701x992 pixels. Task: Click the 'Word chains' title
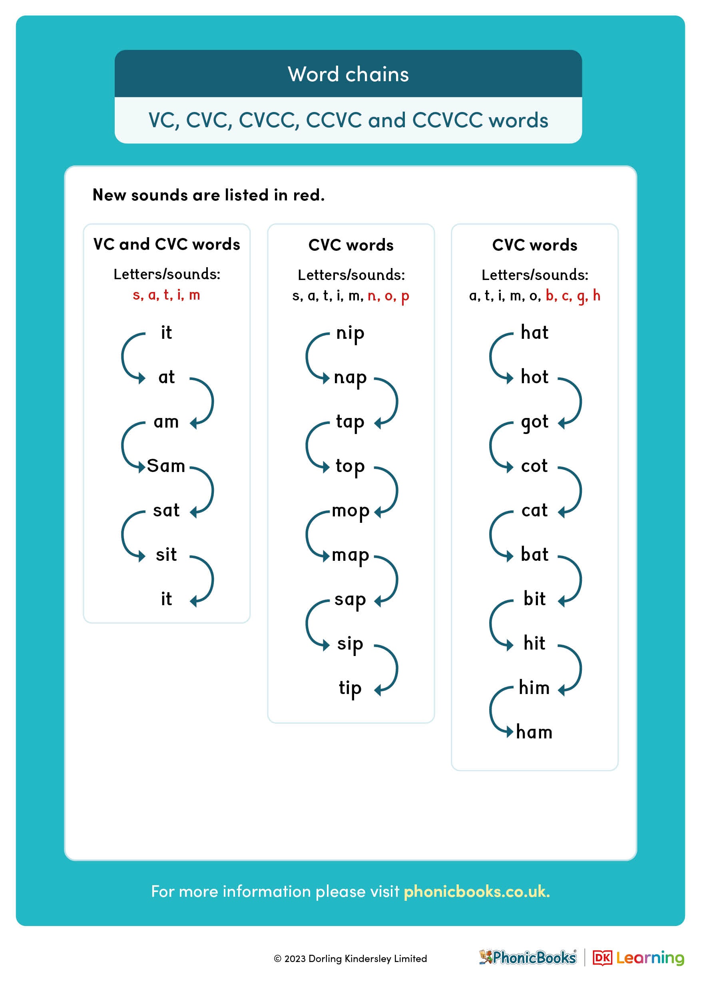[348, 74]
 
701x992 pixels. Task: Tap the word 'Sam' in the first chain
[166, 466]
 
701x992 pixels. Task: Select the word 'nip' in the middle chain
[350, 334]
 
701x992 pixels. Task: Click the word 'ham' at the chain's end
[534, 732]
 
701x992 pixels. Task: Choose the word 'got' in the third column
[534, 422]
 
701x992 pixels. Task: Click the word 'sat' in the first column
[166, 511]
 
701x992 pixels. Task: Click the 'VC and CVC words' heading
[167, 244]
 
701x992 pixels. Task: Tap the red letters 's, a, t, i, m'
[166, 295]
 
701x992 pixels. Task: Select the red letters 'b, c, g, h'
[573, 296]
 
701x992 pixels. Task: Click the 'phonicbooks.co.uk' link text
[476, 891]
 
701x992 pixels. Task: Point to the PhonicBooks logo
[528, 958]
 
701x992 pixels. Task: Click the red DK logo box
[602, 958]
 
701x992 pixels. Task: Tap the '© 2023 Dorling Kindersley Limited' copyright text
[350, 959]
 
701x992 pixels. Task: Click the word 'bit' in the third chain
[534, 599]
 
